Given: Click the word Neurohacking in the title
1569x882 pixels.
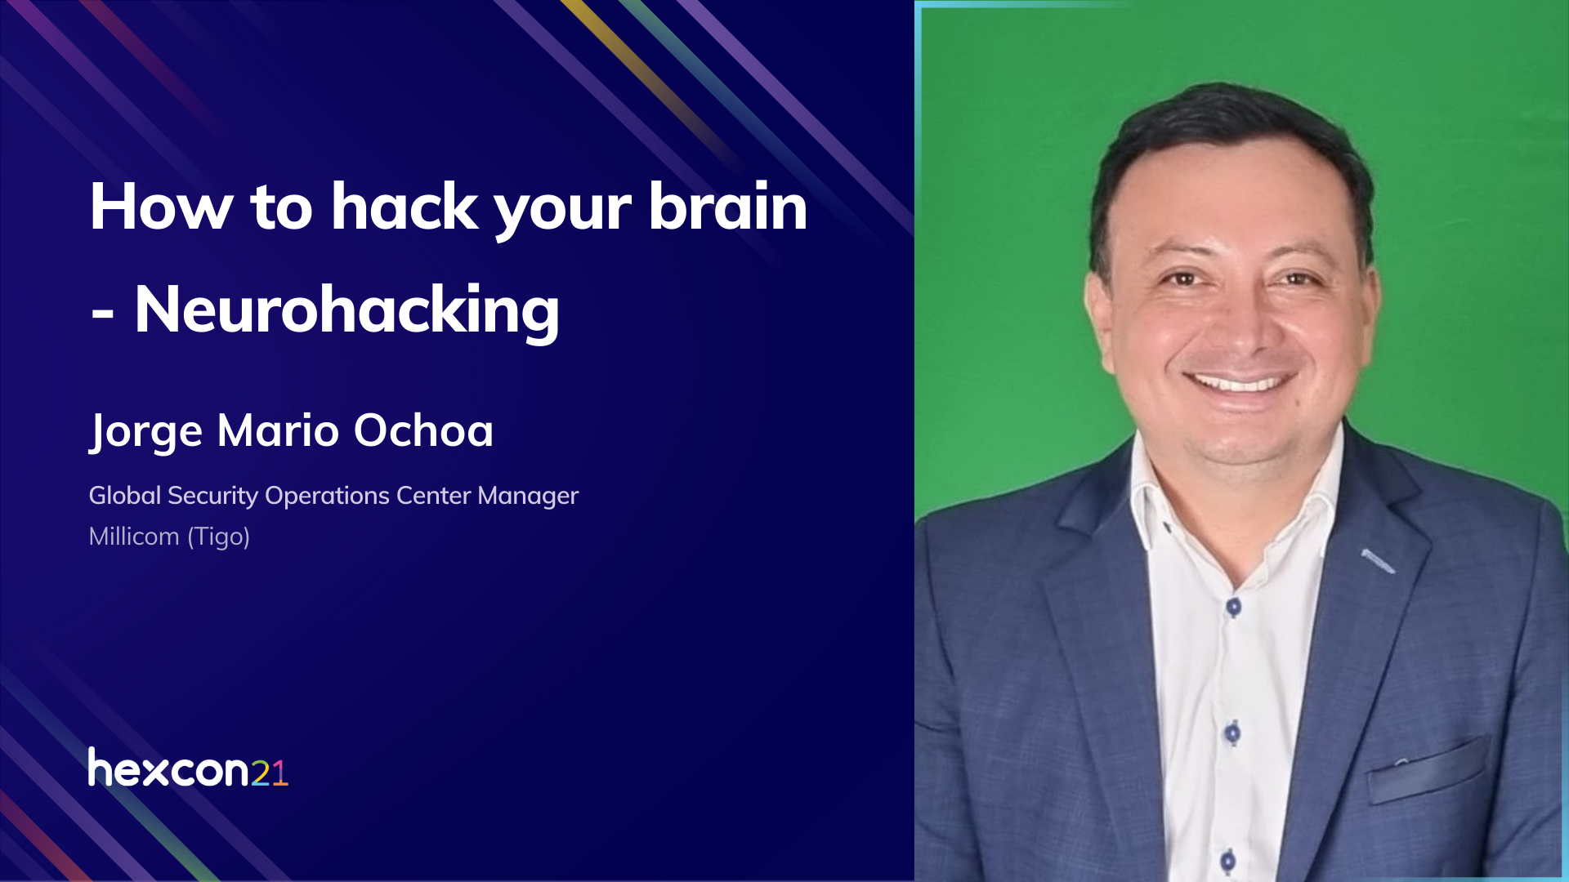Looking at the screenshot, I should (x=347, y=311).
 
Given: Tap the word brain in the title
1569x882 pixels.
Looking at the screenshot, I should (x=727, y=207).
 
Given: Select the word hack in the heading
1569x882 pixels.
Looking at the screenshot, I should (x=404, y=207).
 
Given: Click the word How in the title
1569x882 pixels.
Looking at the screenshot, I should (x=161, y=207).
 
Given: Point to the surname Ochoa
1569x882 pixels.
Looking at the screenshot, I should (x=423, y=430).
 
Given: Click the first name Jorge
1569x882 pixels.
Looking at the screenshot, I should (x=145, y=432).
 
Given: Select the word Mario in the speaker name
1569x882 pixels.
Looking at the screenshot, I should (x=278, y=430).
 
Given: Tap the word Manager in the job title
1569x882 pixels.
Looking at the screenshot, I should (x=528, y=496).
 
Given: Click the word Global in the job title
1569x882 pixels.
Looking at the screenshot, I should (x=125, y=495).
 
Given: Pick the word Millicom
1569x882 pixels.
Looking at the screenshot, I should (x=134, y=537).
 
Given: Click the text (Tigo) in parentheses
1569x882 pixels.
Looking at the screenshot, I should (x=218, y=537).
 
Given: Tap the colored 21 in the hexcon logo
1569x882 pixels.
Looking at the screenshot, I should (x=269, y=773).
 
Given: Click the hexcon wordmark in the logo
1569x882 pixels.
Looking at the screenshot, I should (x=168, y=769).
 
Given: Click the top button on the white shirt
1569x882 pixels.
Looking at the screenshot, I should (x=1233, y=607).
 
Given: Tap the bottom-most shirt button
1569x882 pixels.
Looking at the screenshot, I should (x=1227, y=860).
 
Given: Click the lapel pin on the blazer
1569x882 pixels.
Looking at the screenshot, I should (x=1378, y=560).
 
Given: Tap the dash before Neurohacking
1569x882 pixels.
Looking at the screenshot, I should (x=102, y=315).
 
